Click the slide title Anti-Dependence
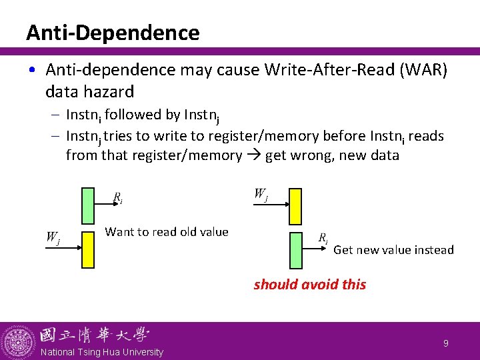[x=113, y=33]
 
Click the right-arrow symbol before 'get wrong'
[x=253, y=156]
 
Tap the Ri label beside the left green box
[x=117, y=197]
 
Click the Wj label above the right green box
[x=261, y=194]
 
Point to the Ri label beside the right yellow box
[x=323, y=238]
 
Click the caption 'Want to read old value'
[x=167, y=232]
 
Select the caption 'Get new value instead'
[x=393, y=250]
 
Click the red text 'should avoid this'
[x=309, y=284]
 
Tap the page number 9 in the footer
[x=446, y=343]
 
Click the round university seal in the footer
[x=18, y=341]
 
